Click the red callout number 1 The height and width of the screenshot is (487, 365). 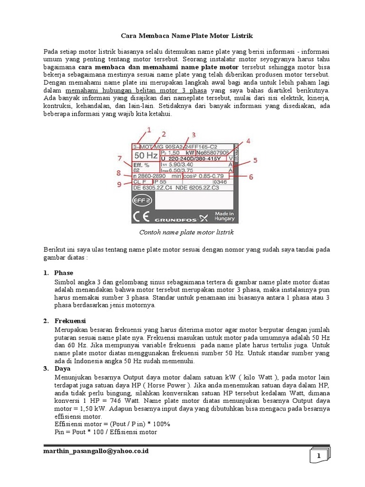coord(148,129)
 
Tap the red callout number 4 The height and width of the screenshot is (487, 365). coord(249,141)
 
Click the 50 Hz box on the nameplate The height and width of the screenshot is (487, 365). coord(145,156)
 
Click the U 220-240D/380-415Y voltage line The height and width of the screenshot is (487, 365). coord(195,158)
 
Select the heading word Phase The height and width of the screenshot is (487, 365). coord(63,273)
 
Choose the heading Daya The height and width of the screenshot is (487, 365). coord(62,369)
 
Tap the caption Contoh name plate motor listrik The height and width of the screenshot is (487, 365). coord(186,232)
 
